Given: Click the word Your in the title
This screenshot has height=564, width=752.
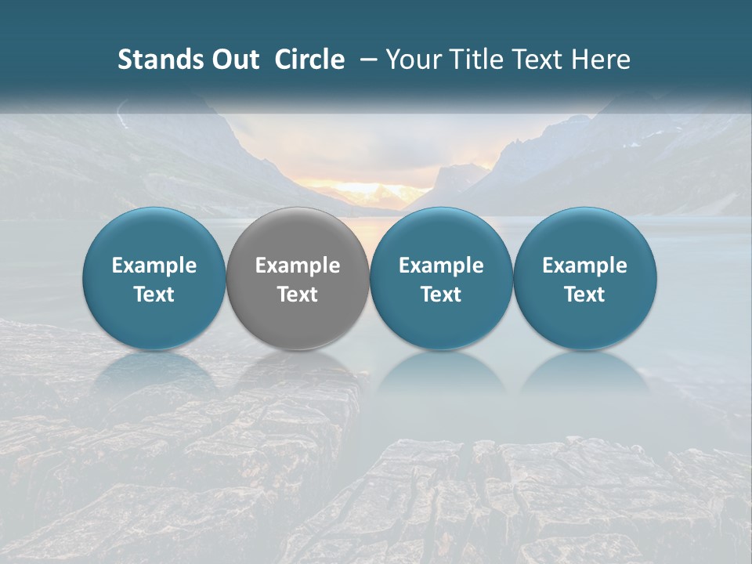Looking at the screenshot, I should (x=412, y=60).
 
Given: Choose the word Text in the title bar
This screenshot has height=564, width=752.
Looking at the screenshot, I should (x=537, y=60).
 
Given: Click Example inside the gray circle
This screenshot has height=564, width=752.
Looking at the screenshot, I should (x=298, y=266).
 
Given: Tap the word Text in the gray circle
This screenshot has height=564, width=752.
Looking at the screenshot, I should (x=298, y=295).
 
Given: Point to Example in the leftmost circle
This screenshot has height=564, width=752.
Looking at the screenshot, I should (x=154, y=266).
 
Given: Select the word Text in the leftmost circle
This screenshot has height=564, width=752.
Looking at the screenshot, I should (x=154, y=295).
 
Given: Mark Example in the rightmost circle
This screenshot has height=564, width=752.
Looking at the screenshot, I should (x=585, y=266).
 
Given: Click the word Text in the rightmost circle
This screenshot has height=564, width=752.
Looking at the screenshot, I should (x=585, y=295).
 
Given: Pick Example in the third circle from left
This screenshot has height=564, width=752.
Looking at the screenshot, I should (x=441, y=266).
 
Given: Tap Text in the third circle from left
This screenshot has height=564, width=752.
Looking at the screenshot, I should (x=441, y=295).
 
